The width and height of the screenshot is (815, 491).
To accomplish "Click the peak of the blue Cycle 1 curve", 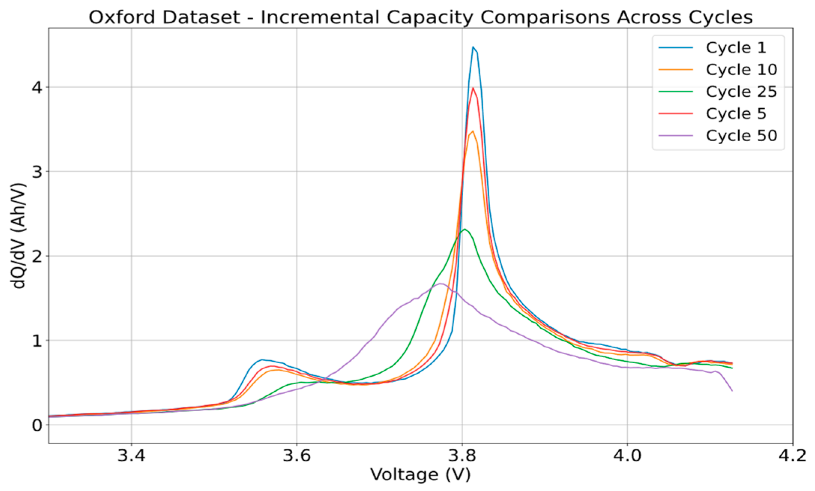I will pos(473,47).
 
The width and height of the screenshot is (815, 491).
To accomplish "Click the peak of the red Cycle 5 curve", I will pos(473,88).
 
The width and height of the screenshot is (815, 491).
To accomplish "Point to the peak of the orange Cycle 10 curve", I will pos(473,131).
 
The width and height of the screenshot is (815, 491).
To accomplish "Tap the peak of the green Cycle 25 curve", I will pos(465,229).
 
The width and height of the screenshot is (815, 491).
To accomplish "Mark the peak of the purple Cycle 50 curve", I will pos(441,284).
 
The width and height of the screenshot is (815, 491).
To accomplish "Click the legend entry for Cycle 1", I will pos(736,48).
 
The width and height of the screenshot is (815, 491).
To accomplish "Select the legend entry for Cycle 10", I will pos(741,70).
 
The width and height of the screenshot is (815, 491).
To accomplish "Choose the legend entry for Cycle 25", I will pos(741,92).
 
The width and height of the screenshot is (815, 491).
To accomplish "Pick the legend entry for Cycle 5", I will pos(736,114).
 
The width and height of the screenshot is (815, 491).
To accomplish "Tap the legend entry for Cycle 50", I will pos(741,136).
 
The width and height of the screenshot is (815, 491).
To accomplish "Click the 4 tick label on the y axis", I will pos(37,87).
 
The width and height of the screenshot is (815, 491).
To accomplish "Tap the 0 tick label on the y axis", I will pos(37,425).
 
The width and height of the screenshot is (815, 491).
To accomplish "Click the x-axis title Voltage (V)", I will pos(420,475).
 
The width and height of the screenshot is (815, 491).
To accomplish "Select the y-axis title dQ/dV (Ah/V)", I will pos(19,236).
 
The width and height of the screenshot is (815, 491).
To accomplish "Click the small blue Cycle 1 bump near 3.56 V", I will pos(262,360).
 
